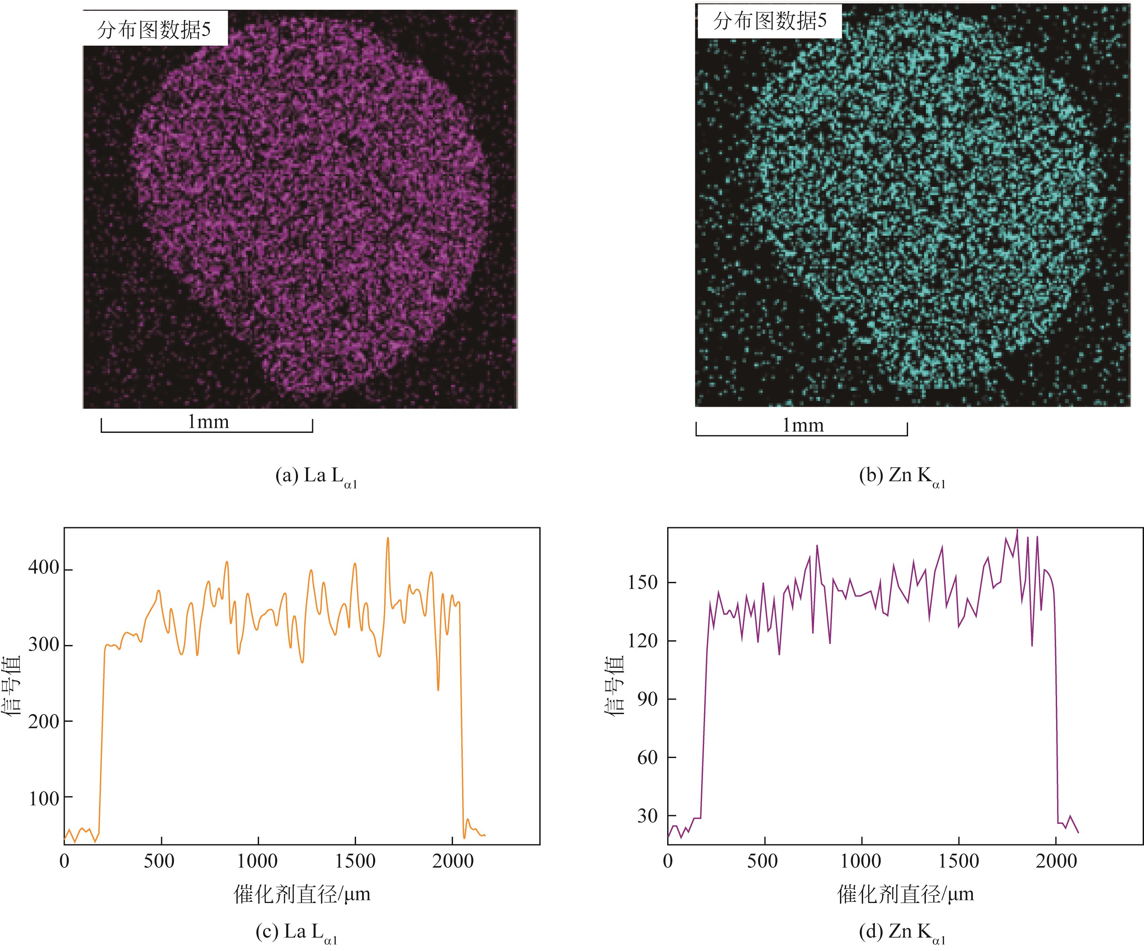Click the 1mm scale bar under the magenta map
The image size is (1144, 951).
point(207,430)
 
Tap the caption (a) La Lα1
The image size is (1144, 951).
point(316,477)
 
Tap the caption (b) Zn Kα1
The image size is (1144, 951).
point(902,477)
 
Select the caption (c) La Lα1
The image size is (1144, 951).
point(297,933)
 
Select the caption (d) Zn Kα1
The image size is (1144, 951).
point(902,933)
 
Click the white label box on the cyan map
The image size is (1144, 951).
point(769,21)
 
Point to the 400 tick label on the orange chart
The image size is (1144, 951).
point(44,568)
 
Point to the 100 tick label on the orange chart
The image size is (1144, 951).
point(44,799)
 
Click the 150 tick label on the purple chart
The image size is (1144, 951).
point(643,582)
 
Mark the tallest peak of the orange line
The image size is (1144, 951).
point(388,538)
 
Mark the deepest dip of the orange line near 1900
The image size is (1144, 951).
point(438,690)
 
